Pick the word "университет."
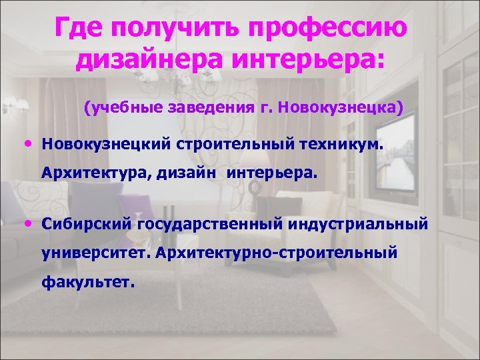[x=93, y=253]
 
